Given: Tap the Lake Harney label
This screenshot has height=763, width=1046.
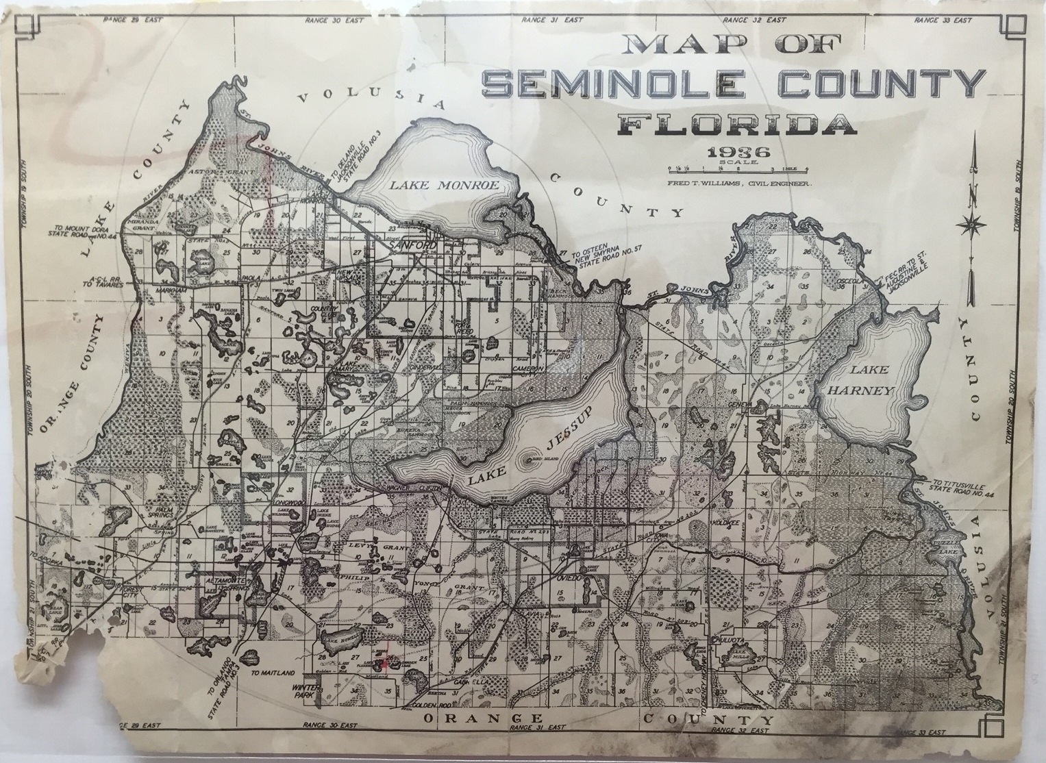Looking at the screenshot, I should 870,380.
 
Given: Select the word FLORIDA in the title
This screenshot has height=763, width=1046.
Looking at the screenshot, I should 737,125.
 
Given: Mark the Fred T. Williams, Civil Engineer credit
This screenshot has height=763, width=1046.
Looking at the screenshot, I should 738,184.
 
